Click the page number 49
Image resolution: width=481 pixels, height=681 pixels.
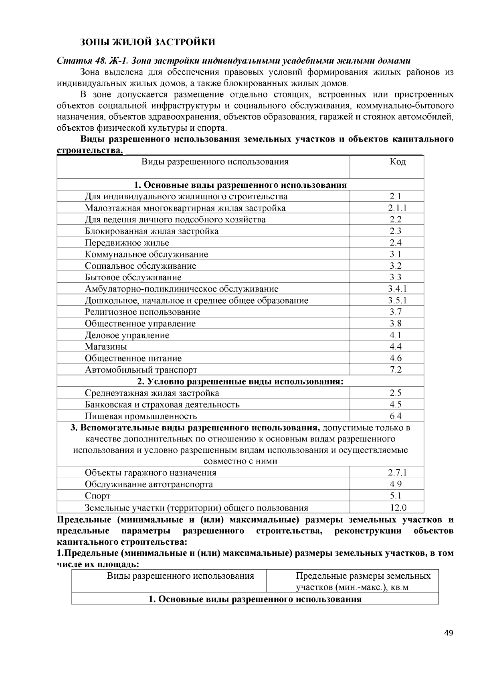[449, 633]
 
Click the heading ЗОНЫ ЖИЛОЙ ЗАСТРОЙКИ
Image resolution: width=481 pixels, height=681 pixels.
[148, 43]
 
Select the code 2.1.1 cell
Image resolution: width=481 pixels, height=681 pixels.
[397, 208]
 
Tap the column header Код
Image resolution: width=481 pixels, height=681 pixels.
[398, 162]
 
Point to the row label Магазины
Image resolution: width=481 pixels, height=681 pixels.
[106, 347]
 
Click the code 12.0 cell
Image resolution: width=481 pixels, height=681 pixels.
[398, 508]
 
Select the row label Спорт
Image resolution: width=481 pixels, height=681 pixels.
[97, 496]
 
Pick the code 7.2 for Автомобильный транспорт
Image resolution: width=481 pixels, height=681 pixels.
[396, 370]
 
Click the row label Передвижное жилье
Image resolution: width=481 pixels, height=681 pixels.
[127, 243]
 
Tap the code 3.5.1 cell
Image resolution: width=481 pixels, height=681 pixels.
[397, 300]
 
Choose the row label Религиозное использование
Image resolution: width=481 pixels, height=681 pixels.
[142, 312]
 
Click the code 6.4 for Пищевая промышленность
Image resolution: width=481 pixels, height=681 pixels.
[396, 416]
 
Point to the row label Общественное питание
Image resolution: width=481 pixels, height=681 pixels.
[133, 358]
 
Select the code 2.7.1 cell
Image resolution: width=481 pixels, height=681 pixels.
[397, 472]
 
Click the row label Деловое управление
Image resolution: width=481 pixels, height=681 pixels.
[127, 335]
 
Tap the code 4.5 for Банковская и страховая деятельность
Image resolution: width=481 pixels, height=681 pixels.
[396, 404]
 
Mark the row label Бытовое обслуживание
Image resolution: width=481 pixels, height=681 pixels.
[133, 277]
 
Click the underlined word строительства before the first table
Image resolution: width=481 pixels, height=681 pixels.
[89, 151]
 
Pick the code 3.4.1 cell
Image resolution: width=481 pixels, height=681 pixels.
[397, 289]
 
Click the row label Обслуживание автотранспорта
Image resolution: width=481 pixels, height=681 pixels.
[149, 484]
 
